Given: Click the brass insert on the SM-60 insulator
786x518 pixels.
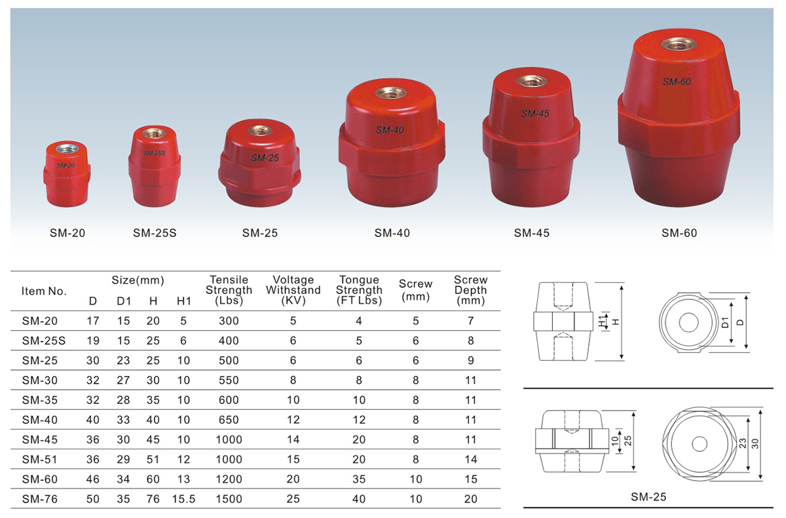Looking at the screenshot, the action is (x=679, y=44).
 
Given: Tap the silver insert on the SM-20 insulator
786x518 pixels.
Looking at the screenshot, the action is (x=67, y=148).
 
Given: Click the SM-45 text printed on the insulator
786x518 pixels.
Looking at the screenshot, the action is (x=534, y=113).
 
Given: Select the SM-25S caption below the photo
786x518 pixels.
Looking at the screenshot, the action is (x=155, y=233).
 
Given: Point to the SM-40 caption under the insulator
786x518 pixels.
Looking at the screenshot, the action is (x=392, y=233).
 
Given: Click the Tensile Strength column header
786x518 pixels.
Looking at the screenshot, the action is (x=229, y=290).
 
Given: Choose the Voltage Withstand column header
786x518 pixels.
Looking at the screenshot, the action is (x=293, y=290).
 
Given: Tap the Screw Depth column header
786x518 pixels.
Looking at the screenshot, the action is (x=470, y=290).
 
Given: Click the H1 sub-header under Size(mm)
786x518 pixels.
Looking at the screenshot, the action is (x=184, y=301).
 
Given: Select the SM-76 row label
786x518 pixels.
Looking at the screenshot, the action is (x=40, y=499).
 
